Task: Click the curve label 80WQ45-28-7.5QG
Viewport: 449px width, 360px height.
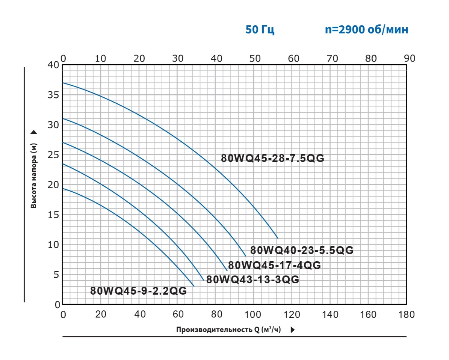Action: (272, 158)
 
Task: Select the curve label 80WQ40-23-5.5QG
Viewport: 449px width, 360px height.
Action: (302, 250)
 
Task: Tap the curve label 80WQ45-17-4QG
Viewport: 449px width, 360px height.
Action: (274, 266)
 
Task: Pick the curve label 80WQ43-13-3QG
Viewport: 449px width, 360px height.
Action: (252, 280)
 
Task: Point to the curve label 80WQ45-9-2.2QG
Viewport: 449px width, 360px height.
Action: (138, 291)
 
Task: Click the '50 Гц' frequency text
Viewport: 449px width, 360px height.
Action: (260, 30)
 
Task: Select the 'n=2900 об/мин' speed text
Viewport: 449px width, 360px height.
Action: (366, 30)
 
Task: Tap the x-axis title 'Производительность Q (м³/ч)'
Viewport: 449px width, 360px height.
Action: (229, 330)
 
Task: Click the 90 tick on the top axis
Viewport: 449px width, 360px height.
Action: (409, 58)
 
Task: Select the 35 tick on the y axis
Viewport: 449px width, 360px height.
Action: (54, 95)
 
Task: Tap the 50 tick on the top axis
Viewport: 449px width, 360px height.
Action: (255, 58)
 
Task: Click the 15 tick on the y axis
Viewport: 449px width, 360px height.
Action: (54, 215)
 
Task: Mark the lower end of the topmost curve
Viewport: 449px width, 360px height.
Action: (278, 238)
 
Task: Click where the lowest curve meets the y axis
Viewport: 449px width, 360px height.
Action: (63, 189)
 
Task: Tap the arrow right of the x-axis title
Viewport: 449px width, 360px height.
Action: (293, 330)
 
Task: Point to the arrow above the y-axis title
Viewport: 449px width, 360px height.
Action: (34, 132)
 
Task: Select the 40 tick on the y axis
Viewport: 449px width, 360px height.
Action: (54, 65)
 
